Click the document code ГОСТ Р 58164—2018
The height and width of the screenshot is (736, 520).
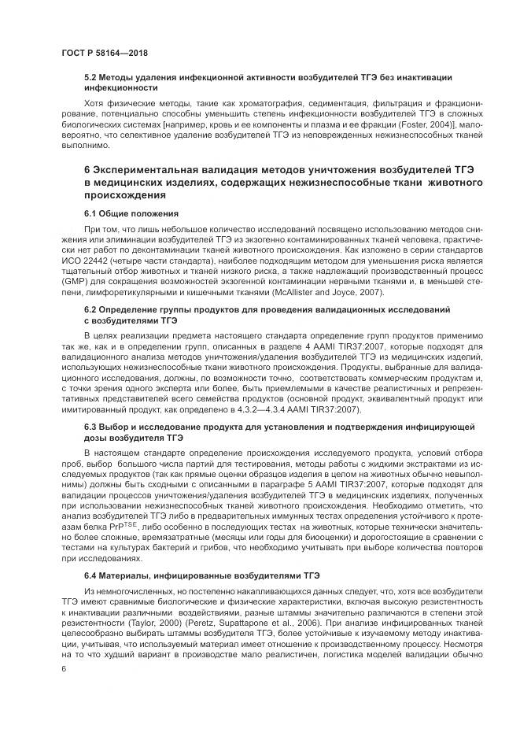coord(105,53)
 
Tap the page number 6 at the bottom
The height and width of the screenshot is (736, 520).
coord(64,668)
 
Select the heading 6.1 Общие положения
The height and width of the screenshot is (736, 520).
coord(132,213)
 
